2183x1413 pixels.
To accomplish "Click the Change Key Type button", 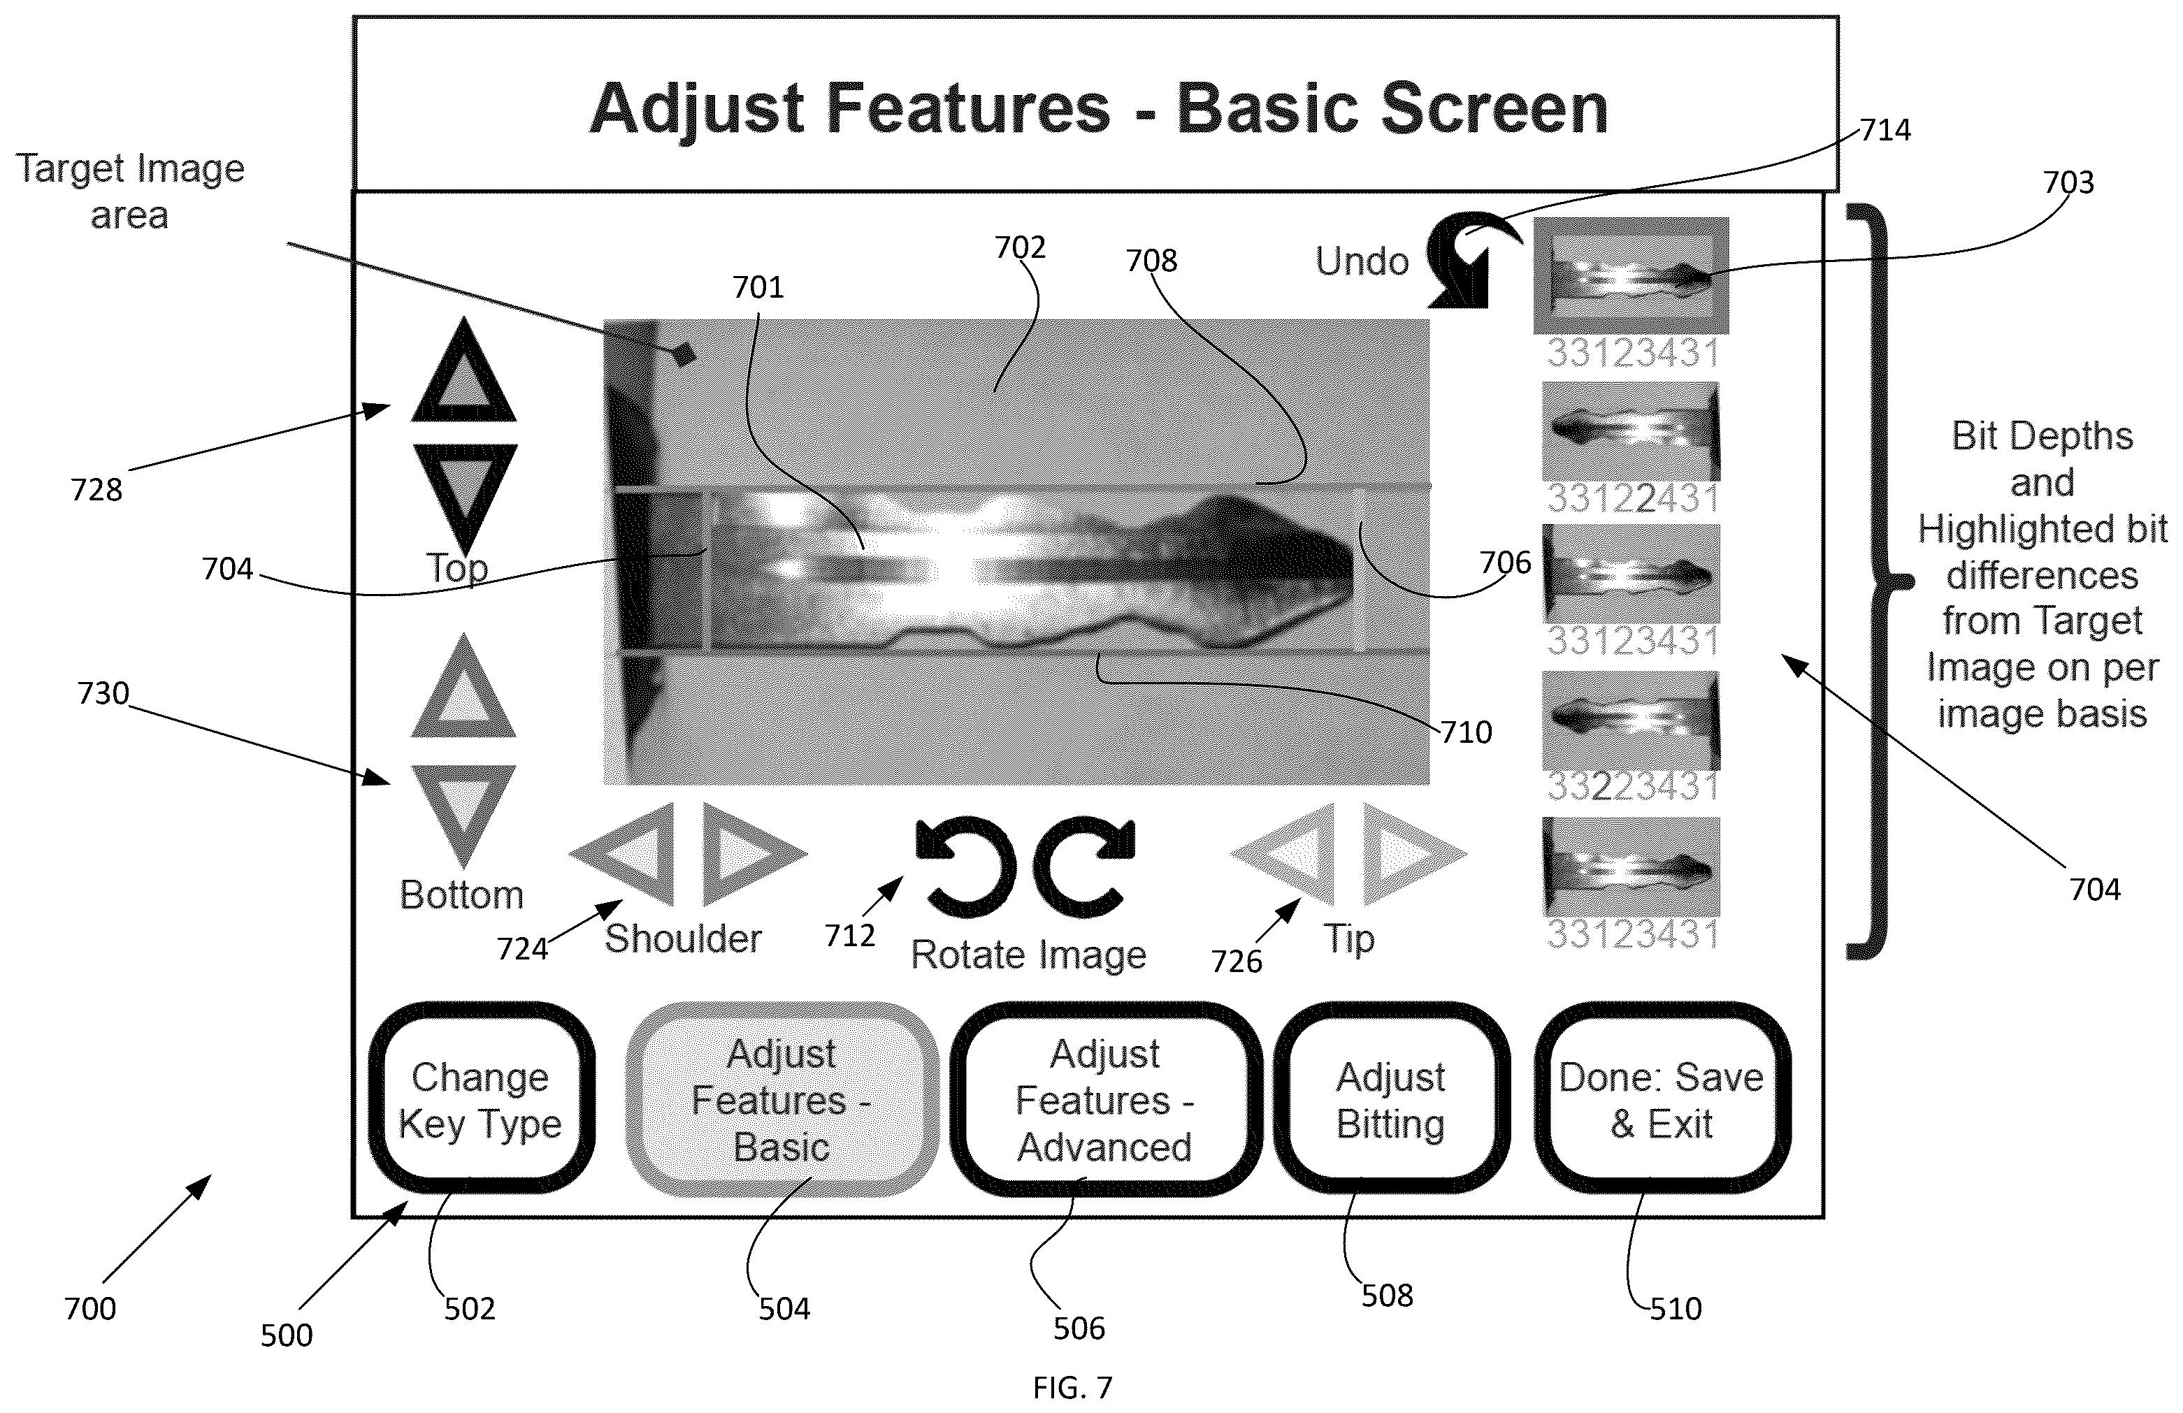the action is pyautogui.click(x=481, y=1098).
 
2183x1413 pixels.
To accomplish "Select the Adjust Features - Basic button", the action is pyautogui.click(x=781, y=1099).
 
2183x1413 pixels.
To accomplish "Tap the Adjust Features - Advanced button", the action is pyautogui.click(x=1105, y=1099).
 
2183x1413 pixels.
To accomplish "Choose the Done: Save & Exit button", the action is pyautogui.click(x=1662, y=1098).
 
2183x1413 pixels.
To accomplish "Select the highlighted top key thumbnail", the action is pyautogui.click(x=1631, y=275).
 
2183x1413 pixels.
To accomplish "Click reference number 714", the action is pyautogui.click(x=1885, y=130).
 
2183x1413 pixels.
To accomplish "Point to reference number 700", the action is pyautogui.click(x=90, y=1308).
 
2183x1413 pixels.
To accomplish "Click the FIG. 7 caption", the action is pyautogui.click(x=1072, y=1389).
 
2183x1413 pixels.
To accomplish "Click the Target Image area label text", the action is pyautogui.click(x=130, y=191).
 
